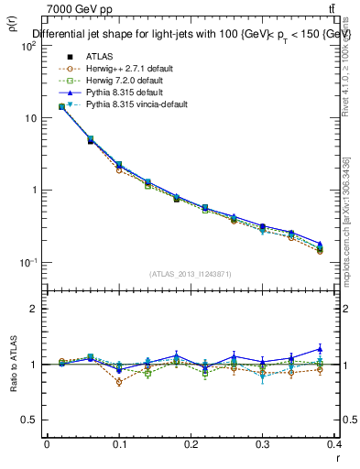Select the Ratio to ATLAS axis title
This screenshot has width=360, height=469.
pyautogui.click(x=12, y=364)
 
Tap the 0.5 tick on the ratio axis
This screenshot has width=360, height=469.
pyautogui.click(x=30, y=420)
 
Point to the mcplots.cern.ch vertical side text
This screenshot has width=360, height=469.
pyautogui.click(x=349, y=220)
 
